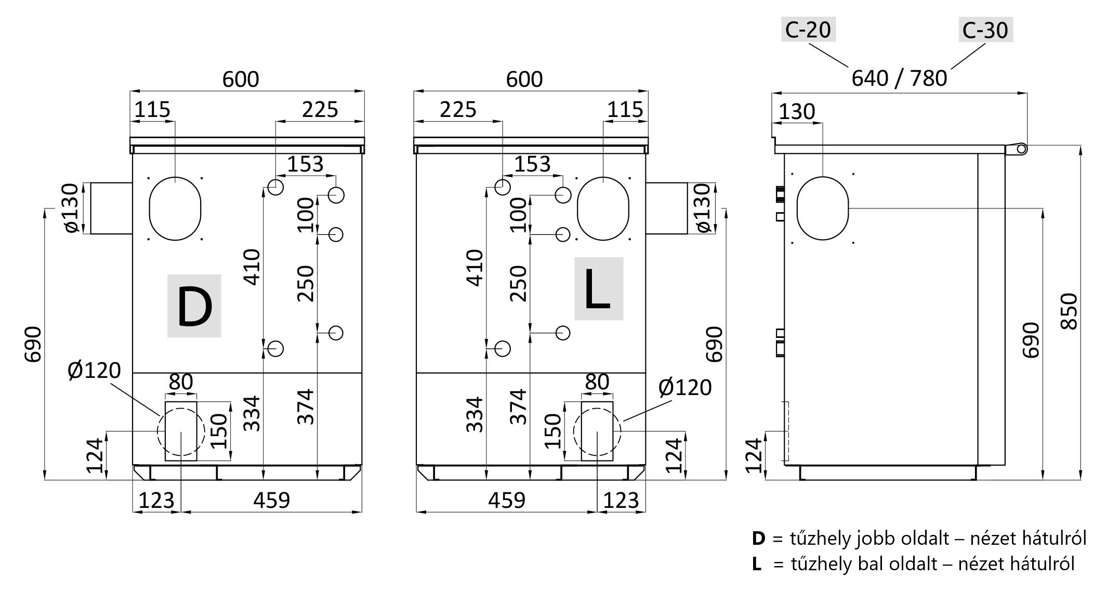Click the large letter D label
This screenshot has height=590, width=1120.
194,306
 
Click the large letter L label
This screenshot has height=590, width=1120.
598,289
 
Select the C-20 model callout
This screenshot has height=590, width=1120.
808,30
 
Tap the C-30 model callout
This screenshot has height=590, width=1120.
985,30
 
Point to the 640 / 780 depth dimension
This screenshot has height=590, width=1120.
899,78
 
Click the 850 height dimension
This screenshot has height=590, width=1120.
1069,311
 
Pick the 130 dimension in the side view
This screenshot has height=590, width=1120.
797,112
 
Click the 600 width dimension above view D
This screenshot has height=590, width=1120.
241,79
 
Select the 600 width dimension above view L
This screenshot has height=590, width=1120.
524,79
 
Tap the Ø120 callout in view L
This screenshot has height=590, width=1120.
685,387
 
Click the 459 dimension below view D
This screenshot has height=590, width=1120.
271,500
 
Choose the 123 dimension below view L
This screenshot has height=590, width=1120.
621,500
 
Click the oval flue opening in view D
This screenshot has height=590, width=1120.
175,208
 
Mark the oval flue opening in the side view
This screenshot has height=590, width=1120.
823,208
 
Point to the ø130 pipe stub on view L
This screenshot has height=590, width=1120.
667,208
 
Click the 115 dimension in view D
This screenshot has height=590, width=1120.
152,110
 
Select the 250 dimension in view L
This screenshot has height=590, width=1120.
518,283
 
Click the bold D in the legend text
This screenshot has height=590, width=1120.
759,539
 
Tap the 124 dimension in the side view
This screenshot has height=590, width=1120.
753,455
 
